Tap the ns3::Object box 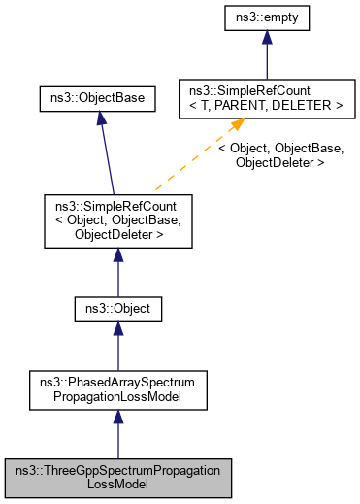(117, 310)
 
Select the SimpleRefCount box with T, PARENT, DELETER (261, 97)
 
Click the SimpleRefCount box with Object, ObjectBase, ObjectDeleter (117, 219)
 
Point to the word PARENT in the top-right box (257, 104)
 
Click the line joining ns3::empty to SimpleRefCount (261, 63)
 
